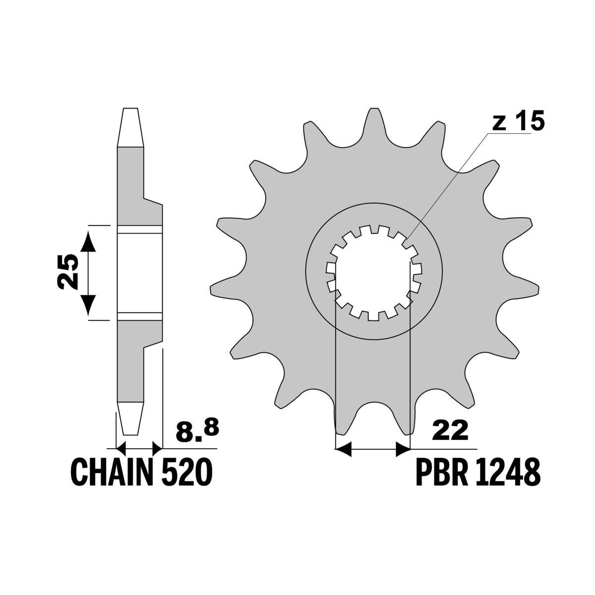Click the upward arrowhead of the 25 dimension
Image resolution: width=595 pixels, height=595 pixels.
(x=88, y=242)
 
